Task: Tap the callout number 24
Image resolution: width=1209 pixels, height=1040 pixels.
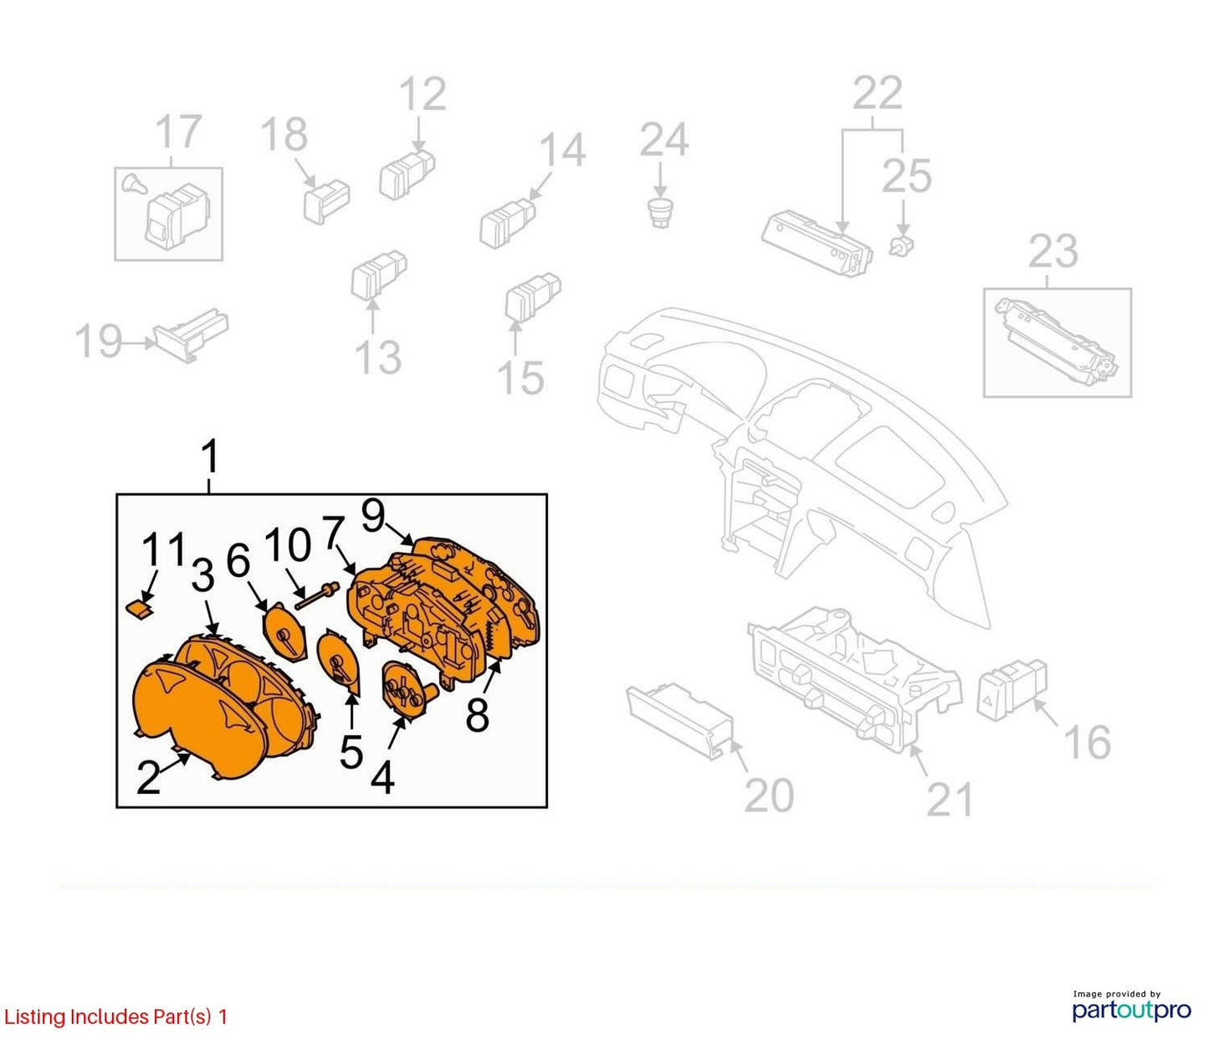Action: click(x=663, y=140)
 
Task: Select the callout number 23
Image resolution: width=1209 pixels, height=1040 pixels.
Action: click(x=1053, y=252)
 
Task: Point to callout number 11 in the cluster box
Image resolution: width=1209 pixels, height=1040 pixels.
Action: click(x=163, y=549)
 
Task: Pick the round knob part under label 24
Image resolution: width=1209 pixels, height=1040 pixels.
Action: click(x=660, y=213)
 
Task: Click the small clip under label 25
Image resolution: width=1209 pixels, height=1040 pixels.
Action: click(x=902, y=246)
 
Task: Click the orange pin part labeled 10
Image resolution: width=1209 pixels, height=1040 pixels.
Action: click(x=317, y=596)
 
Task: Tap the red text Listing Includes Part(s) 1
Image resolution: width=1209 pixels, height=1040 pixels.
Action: click(x=115, y=1017)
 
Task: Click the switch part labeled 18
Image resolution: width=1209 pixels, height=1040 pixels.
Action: click(x=326, y=201)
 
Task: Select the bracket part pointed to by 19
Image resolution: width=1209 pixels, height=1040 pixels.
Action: click(x=191, y=335)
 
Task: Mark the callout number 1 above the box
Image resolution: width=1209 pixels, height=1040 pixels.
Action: click(x=209, y=457)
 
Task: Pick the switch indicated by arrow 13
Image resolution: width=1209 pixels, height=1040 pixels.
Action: click(x=379, y=275)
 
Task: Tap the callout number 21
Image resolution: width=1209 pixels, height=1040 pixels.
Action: click(x=950, y=799)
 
